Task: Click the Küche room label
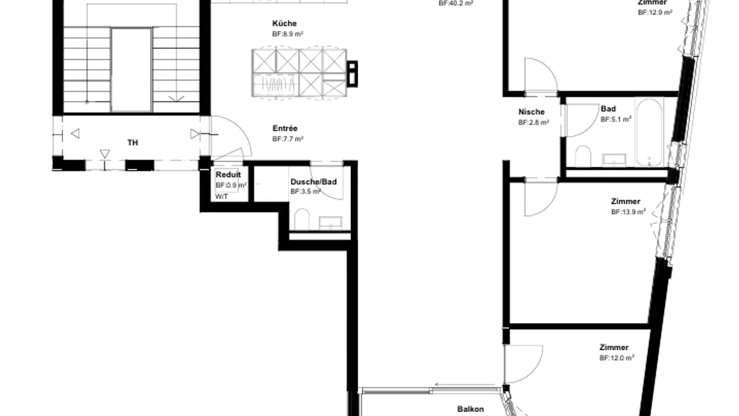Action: tap(284, 24)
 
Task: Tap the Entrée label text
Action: tap(285, 128)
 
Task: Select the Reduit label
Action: tap(228, 175)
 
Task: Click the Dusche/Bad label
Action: tap(313, 182)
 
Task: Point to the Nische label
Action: tap(532, 112)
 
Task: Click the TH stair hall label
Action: tap(132, 143)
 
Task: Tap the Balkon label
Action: tap(471, 409)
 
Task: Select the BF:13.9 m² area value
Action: tap(628, 212)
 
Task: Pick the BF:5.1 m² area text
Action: tap(616, 119)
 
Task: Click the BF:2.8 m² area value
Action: tap(534, 123)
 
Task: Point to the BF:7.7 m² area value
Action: tap(288, 139)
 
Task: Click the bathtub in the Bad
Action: tap(649, 133)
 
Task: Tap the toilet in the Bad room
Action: tap(582, 156)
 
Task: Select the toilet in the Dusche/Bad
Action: tap(302, 219)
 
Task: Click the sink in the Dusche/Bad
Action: tap(330, 222)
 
